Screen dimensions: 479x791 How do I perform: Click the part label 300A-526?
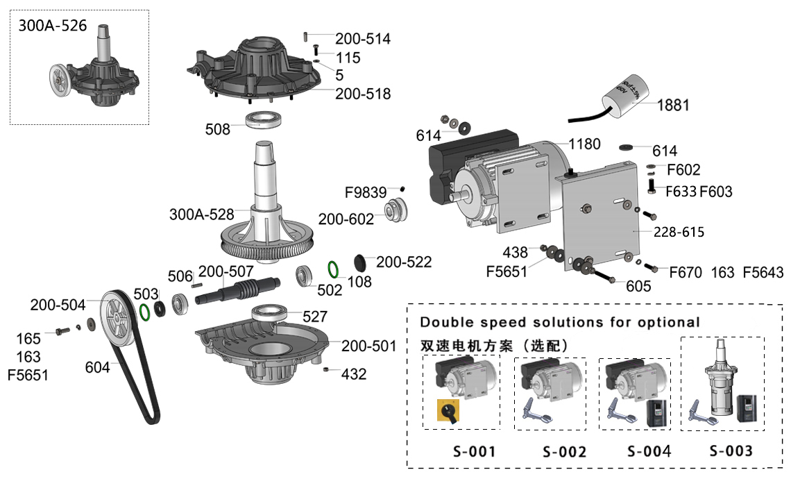tap(53, 26)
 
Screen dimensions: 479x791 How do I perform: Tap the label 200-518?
tap(363, 94)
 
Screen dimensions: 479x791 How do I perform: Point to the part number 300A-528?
tap(201, 215)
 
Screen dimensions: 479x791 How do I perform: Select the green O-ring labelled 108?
tap(334, 269)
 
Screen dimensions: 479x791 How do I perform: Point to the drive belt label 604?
tap(97, 367)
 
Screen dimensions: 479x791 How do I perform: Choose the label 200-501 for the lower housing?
tap(368, 346)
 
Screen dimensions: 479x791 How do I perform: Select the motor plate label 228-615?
tap(678, 232)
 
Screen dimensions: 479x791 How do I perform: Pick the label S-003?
tap(731, 451)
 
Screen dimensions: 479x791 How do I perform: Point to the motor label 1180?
tap(584, 144)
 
